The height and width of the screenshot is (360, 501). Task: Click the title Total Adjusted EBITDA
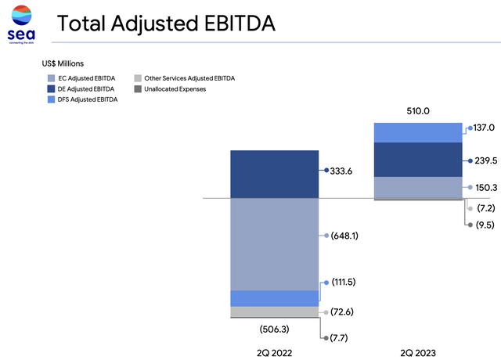pos(167,24)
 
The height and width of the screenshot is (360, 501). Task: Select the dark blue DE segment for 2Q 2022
pos(274,174)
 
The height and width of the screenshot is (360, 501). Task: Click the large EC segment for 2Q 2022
pos(274,243)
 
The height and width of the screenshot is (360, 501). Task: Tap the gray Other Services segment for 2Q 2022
pos(274,311)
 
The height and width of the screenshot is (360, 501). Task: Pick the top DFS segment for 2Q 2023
pos(419,132)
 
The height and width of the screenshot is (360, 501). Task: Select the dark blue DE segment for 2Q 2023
pos(419,160)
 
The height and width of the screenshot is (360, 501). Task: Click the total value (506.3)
pos(274,329)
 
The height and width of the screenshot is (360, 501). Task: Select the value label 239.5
pos(486,160)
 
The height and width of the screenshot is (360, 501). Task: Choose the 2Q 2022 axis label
pos(274,353)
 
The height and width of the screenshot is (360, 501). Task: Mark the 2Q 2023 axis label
pos(419,353)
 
